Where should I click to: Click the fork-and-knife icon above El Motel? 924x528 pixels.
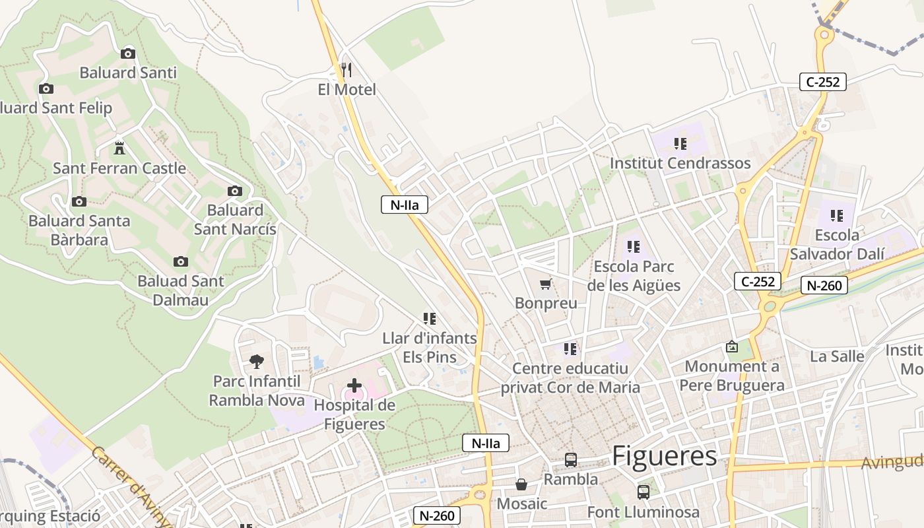(x=346, y=69)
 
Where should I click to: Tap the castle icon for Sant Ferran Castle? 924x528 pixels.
(x=119, y=147)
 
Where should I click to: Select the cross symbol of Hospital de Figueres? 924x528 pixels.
(x=354, y=385)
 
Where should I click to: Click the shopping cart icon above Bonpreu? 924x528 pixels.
(x=545, y=284)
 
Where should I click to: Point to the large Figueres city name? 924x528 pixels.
(x=664, y=455)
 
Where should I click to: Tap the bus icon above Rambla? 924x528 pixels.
(x=571, y=460)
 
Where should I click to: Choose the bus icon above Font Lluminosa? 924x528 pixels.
(x=643, y=492)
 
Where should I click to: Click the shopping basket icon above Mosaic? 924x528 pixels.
(x=521, y=485)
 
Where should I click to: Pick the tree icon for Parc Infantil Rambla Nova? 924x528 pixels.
(x=257, y=361)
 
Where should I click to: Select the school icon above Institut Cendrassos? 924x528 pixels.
(x=680, y=143)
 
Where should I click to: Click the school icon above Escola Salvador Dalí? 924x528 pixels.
(x=837, y=215)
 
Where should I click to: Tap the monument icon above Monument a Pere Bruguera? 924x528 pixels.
(x=732, y=346)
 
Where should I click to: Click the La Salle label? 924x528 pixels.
(x=837, y=356)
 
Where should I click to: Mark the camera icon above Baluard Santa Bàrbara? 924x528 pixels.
(x=79, y=201)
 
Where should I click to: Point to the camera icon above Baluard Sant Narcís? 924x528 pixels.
(x=234, y=191)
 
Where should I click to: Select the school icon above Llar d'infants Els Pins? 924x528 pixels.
(x=430, y=319)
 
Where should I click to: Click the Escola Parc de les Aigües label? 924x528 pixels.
(x=634, y=276)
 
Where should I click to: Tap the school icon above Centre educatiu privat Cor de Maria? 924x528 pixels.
(x=570, y=348)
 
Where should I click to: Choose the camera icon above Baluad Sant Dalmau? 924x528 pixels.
(x=180, y=262)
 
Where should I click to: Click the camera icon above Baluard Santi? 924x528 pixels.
(x=128, y=53)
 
